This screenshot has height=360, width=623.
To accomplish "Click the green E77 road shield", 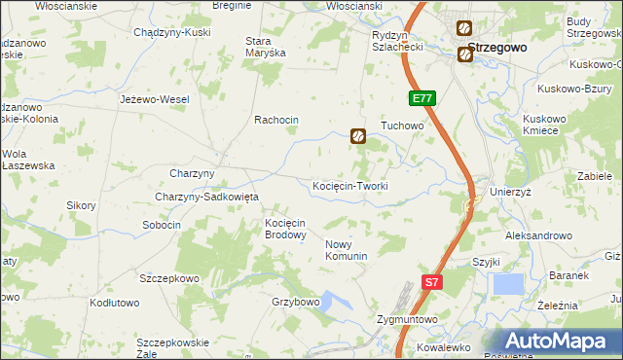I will click(421, 99).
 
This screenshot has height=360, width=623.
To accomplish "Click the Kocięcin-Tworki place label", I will click(350, 186).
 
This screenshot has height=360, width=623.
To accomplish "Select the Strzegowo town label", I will click(497, 47).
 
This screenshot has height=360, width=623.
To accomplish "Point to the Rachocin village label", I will click(275, 120).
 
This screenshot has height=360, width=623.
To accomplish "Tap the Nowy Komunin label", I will click(346, 250).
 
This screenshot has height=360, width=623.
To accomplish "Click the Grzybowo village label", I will click(296, 302).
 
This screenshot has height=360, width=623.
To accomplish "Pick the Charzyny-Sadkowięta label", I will click(206, 197).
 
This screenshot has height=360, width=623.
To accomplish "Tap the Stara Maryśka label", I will click(265, 47).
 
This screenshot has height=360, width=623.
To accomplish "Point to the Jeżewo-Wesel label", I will click(154, 99).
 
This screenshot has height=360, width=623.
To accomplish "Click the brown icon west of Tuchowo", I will click(358, 137).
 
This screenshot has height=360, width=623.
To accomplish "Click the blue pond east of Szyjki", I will click(508, 284).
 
